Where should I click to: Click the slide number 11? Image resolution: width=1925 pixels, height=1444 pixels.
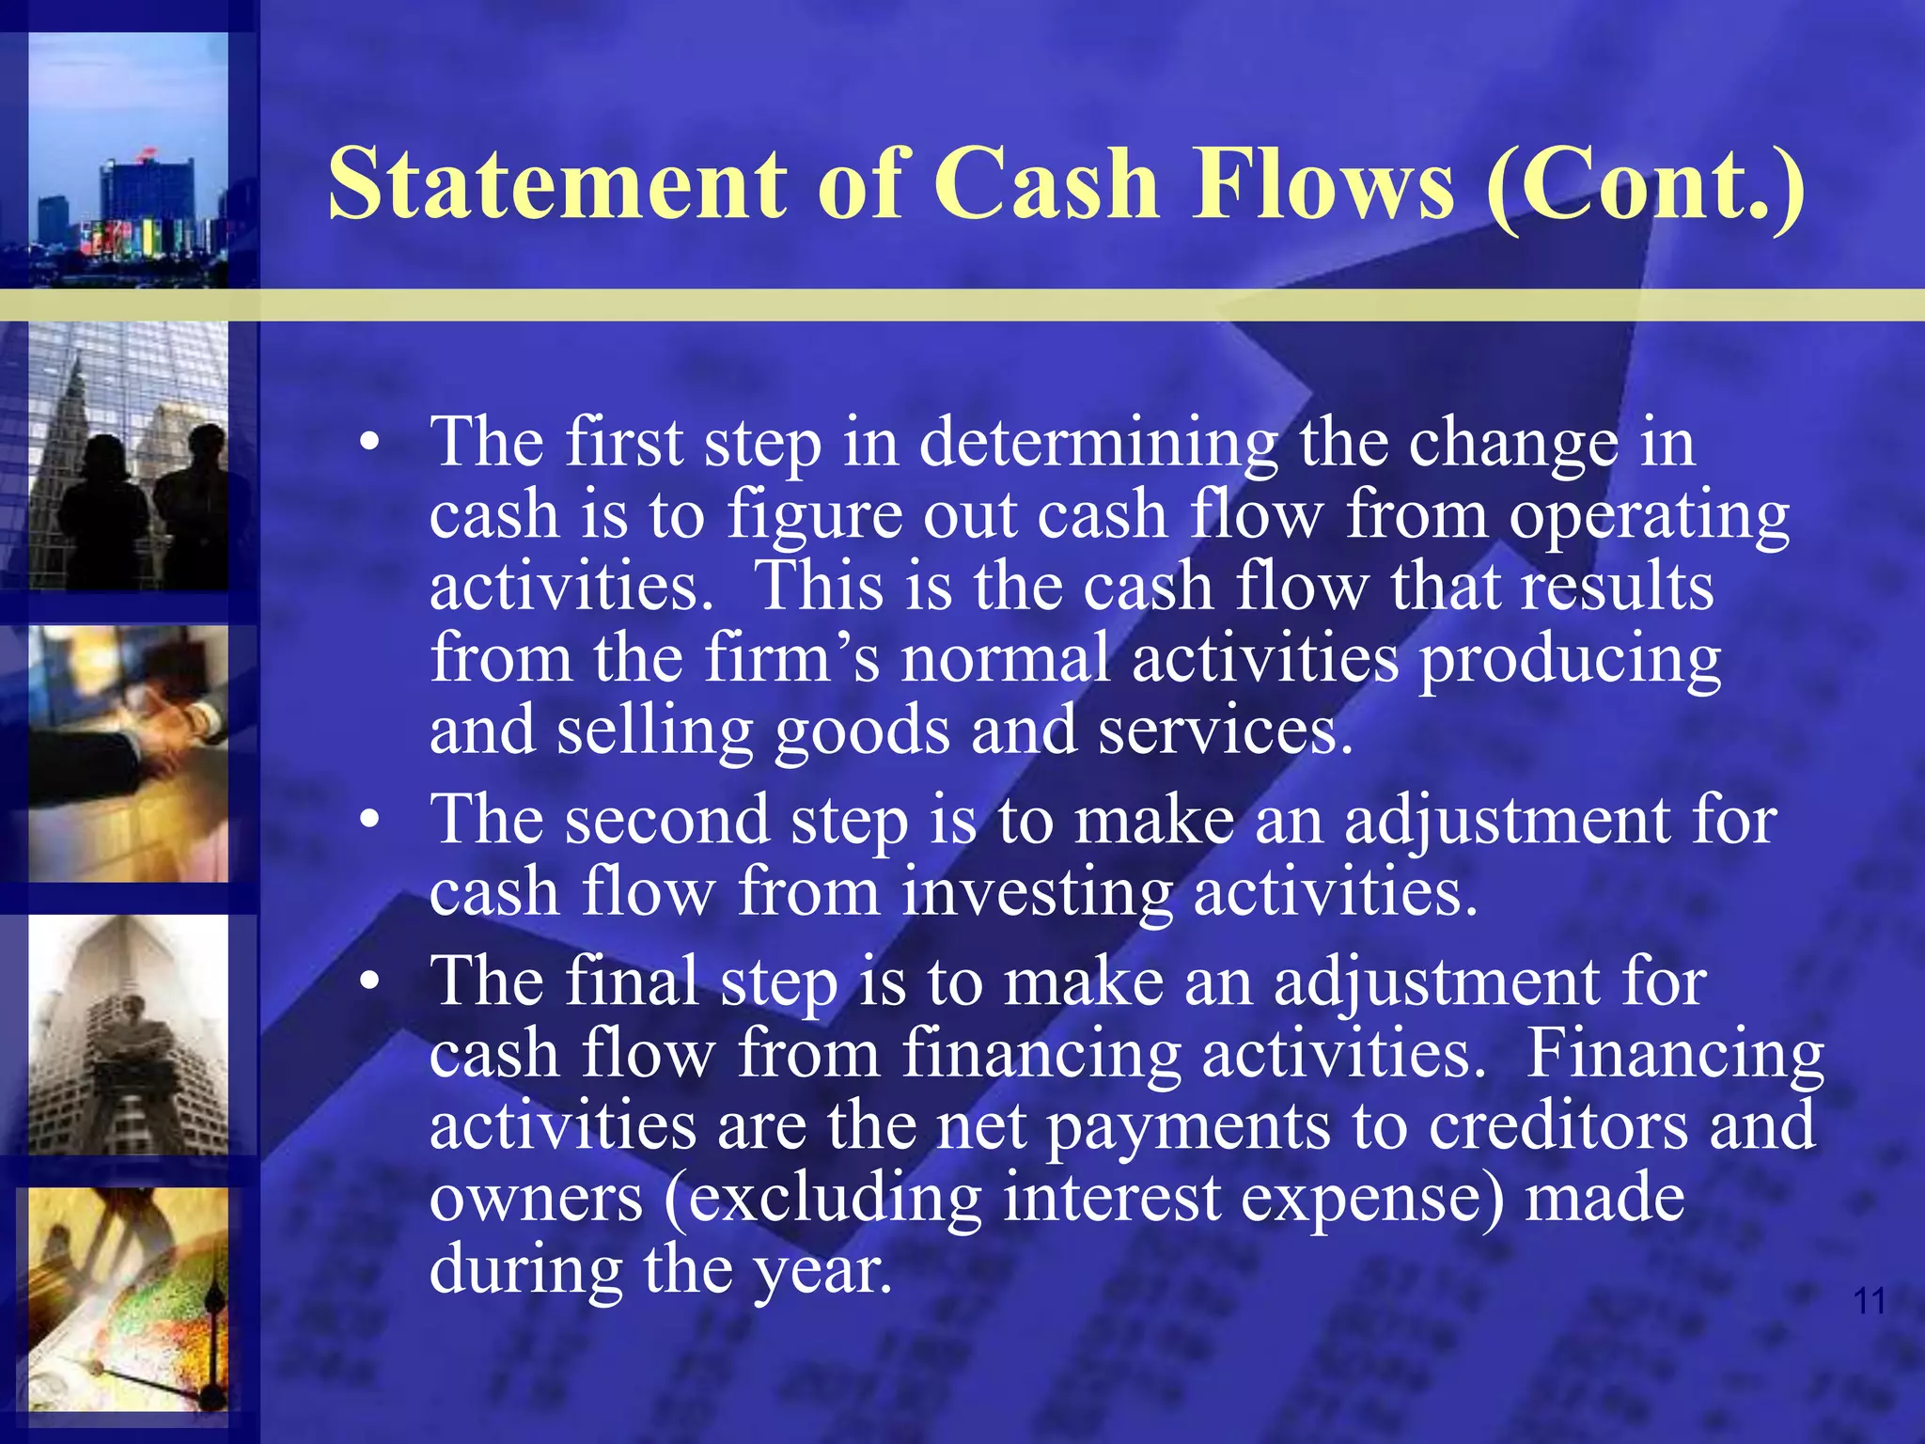pos(1869,1301)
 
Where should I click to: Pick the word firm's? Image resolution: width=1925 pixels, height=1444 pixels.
pos(792,658)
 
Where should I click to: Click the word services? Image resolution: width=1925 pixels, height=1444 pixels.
pos(1226,731)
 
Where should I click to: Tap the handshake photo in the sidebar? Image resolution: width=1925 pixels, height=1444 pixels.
pos(129,755)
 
